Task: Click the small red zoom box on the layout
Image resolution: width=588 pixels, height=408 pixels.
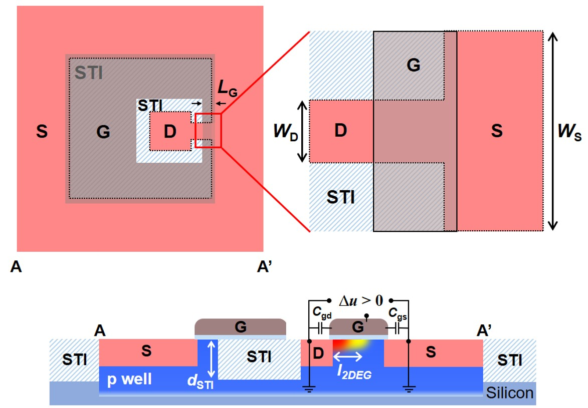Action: [x=208, y=131]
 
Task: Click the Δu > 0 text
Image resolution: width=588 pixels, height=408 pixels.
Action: [x=360, y=300]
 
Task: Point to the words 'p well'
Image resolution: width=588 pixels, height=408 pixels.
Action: [x=130, y=379]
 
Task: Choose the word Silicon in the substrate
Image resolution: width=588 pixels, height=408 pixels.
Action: [x=510, y=392]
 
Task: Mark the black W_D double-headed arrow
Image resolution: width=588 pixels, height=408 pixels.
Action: [x=301, y=131]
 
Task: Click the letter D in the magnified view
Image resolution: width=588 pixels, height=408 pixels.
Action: [x=340, y=131]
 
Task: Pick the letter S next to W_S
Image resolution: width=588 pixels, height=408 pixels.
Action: [x=496, y=131]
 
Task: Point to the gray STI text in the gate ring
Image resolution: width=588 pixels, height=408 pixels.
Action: [x=89, y=73]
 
